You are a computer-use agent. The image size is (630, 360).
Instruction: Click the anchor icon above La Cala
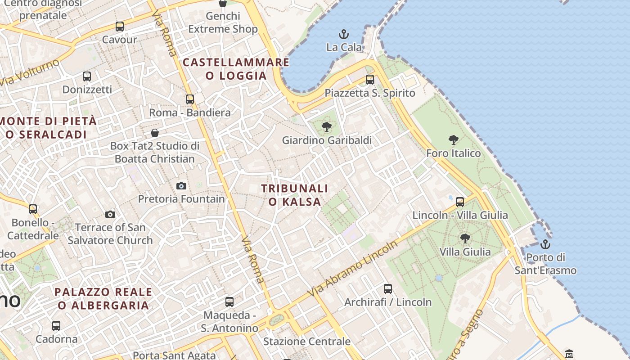click(344, 34)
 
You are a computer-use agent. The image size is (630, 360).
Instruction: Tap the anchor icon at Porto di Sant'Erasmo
click(545, 244)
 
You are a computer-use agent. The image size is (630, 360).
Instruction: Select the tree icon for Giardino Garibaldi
click(327, 127)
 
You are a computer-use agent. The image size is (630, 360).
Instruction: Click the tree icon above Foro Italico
click(454, 140)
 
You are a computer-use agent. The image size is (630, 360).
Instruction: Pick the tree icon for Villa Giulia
click(465, 238)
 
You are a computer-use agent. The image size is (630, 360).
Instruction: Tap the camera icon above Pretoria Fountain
click(181, 186)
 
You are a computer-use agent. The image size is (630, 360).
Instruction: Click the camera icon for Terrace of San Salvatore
click(110, 214)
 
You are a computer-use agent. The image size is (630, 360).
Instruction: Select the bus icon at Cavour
click(119, 27)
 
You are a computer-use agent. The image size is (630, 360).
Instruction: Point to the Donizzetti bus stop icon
click(87, 76)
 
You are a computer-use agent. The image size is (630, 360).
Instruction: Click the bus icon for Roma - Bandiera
click(190, 99)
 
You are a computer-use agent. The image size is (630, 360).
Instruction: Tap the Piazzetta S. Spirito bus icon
click(370, 80)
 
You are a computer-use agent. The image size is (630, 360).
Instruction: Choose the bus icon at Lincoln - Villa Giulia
click(460, 202)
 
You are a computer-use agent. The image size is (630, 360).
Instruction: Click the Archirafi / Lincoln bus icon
click(388, 289)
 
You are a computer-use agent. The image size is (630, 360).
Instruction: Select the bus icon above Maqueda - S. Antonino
click(229, 302)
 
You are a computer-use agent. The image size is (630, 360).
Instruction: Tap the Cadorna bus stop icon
click(56, 325)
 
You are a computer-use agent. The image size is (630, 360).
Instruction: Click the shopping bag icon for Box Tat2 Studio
click(155, 133)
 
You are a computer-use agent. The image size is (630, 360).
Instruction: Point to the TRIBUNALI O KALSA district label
click(295, 195)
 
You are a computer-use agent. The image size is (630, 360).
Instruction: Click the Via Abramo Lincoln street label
click(353, 269)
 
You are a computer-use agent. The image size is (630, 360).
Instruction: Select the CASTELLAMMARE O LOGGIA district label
click(236, 69)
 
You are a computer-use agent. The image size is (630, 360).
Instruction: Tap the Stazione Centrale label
click(306, 342)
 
